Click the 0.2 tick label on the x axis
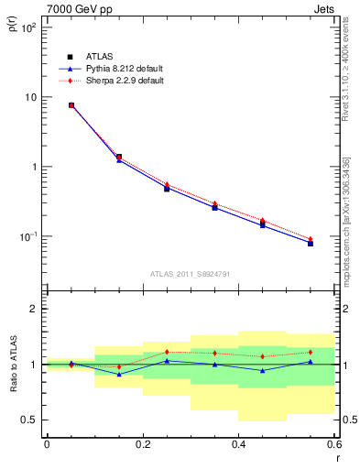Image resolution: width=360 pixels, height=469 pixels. tap(142, 444)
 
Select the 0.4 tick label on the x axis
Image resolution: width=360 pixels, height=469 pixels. tap(238, 444)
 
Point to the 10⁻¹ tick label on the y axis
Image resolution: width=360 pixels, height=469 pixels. tap(28, 236)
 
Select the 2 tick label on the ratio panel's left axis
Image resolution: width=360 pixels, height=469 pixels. tap(34, 309)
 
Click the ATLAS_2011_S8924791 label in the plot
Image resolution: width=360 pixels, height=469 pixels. tap(190, 273)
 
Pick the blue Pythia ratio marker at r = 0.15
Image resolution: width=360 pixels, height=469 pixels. tap(119, 374)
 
